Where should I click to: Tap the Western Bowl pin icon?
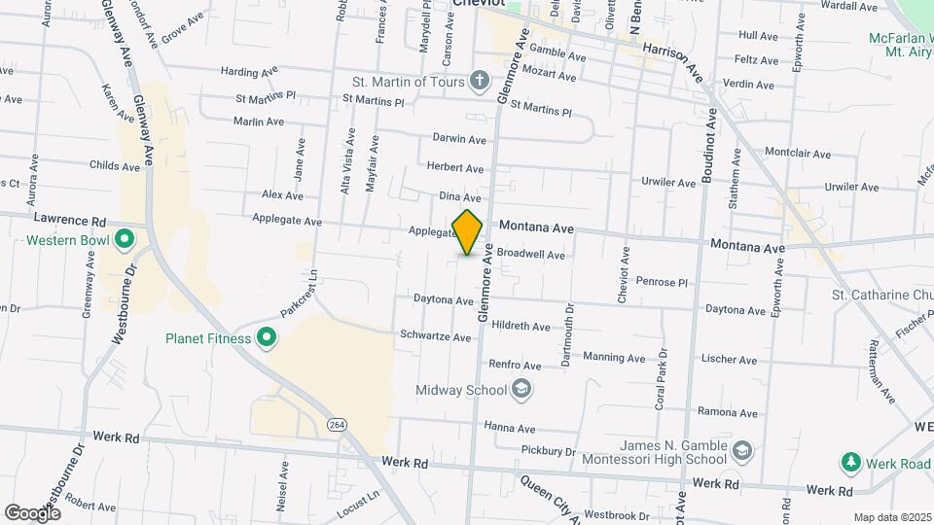pyautogui.click(x=124, y=238)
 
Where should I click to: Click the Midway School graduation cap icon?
pyautogui.click(x=521, y=390)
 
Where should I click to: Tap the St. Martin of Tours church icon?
pyautogui.click(x=479, y=81)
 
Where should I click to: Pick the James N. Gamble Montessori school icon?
pyautogui.click(x=742, y=451)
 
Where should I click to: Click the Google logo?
pyautogui.click(x=32, y=512)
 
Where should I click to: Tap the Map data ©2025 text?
pyautogui.click(x=892, y=517)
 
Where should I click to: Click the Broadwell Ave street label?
pyautogui.click(x=530, y=255)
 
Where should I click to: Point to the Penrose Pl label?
pyautogui.click(x=662, y=282)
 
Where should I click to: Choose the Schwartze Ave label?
pyautogui.click(x=435, y=336)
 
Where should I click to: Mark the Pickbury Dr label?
pyautogui.click(x=549, y=450)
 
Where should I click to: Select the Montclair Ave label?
pyautogui.click(x=797, y=154)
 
